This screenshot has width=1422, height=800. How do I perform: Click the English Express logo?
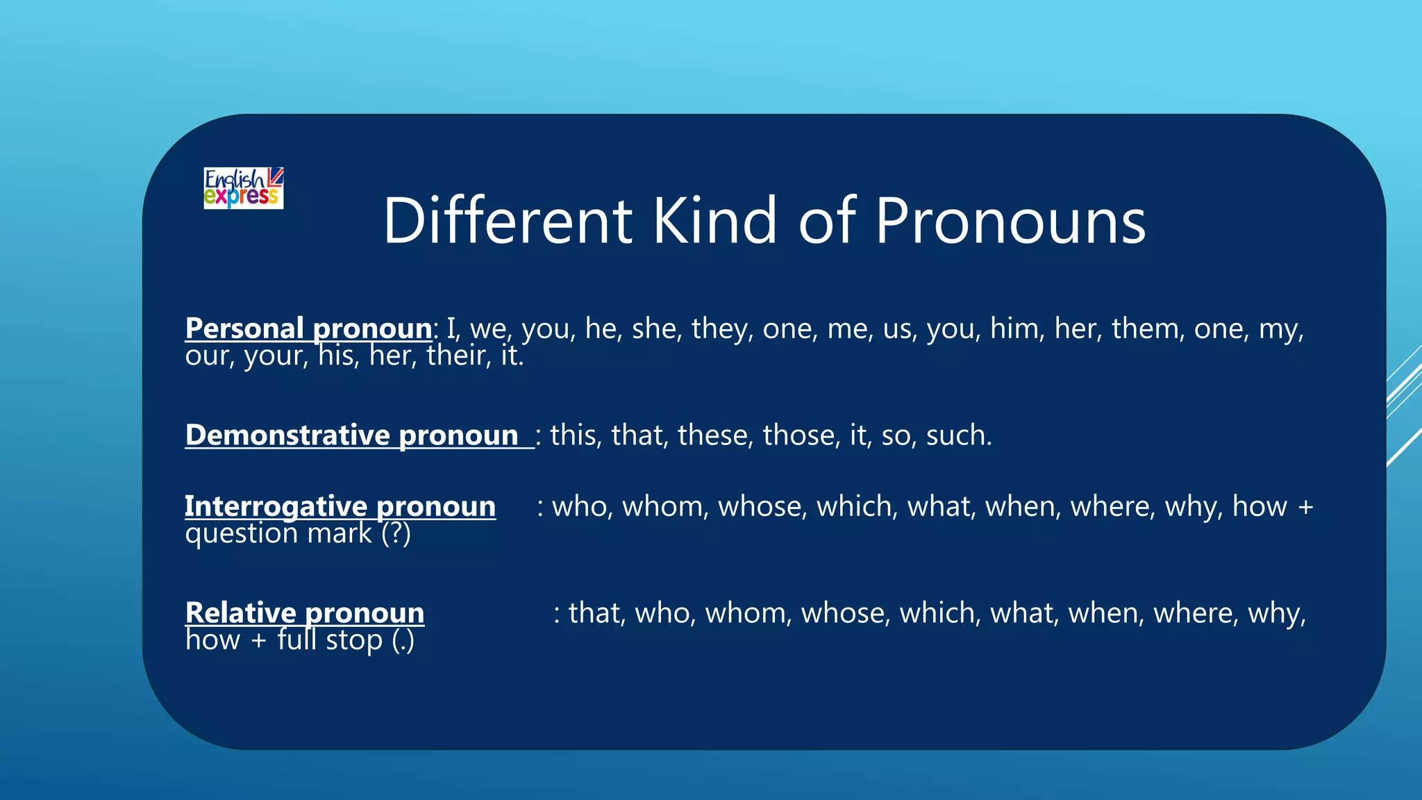click(243, 187)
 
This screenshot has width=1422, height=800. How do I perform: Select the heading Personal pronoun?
click(308, 328)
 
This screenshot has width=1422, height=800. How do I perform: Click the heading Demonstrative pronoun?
click(352, 435)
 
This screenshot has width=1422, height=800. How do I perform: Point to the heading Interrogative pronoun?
click(340, 506)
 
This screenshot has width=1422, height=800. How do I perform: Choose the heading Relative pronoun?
click(305, 613)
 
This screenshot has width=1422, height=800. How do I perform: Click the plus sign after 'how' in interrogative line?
click(1305, 507)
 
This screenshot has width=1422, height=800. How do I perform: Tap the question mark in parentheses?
click(396, 533)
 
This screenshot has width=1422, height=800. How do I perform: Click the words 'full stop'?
click(330, 640)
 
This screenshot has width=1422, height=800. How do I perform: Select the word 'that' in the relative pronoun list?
click(596, 613)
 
